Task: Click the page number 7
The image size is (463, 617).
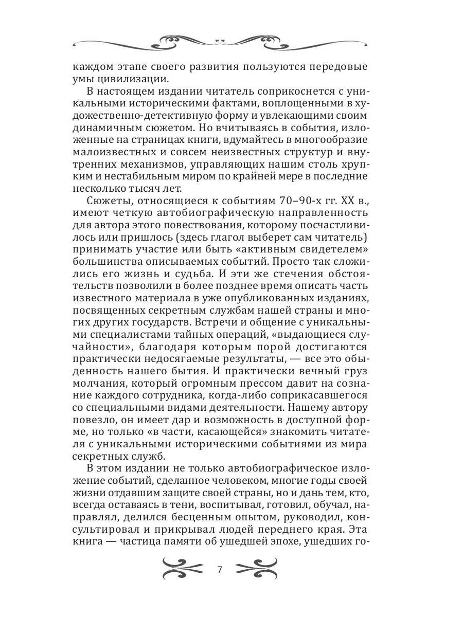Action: pos(220,570)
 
